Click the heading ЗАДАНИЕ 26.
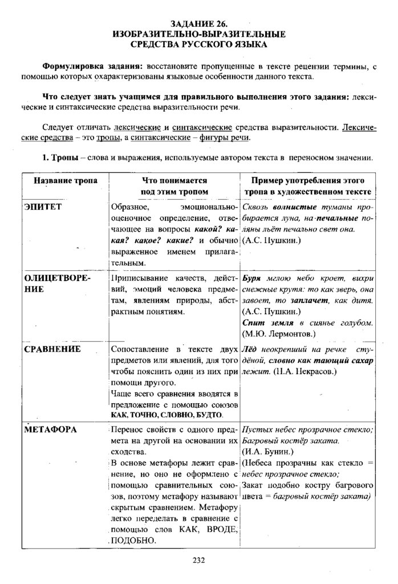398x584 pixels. pyautogui.click(x=198, y=24)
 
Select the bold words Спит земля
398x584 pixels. pyautogui.click(x=266, y=323)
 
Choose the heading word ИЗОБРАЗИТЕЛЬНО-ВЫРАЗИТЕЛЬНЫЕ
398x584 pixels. pyautogui.click(x=198, y=34)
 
